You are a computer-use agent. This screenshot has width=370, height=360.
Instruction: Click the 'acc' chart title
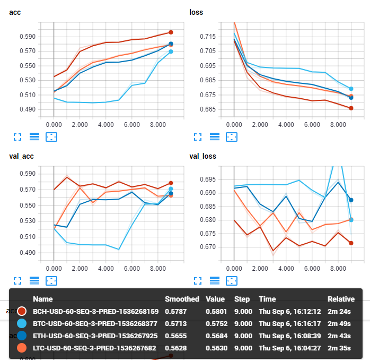pos(15,12)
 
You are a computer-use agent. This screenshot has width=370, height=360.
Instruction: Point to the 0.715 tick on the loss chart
pos(208,37)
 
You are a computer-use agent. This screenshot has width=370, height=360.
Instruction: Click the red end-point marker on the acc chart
pos(171,32)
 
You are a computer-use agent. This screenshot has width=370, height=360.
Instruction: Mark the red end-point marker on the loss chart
pos(351,108)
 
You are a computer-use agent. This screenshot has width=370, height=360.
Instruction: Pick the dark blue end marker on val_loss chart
pos(351,200)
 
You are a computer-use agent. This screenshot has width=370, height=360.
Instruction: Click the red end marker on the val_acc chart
pos(171,183)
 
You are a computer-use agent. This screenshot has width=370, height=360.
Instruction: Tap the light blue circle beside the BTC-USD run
pos(22,323)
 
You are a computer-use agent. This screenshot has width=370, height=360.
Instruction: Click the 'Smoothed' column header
pos(182,299)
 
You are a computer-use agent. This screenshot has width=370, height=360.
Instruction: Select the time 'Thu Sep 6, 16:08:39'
pos(290,336)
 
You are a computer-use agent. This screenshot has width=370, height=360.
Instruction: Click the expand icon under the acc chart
pos(17,136)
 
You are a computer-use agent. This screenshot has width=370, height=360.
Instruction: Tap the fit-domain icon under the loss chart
pos(232,136)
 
